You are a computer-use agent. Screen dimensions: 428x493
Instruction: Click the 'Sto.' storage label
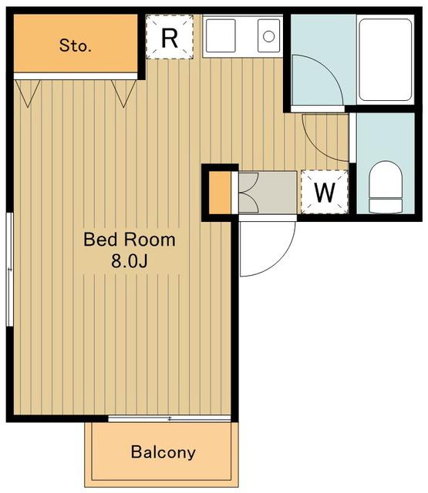(x=76, y=45)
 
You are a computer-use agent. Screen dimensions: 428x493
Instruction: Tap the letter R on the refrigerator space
(x=170, y=38)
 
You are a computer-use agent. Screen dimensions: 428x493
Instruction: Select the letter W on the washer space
(x=325, y=193)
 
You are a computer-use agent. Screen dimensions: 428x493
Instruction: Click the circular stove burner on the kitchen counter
(x=268, y=36)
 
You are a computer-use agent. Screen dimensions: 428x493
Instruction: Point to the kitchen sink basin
(x=221, y=35)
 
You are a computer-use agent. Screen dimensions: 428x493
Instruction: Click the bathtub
(x=386, y=60)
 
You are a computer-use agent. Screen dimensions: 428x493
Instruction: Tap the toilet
(x=386, y=186)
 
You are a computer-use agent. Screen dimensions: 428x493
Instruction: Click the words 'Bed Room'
(x=130, y=240)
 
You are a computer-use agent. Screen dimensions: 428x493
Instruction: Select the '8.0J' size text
(x=130, y=260)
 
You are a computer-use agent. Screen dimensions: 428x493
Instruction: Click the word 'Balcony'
(x=163, y=452)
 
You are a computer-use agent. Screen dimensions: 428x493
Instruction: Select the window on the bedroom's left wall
(x=10, y=270)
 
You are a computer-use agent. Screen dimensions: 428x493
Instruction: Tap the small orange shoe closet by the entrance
(x=220, y=193)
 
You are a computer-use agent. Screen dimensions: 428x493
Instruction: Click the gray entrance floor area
(x=268, y=193)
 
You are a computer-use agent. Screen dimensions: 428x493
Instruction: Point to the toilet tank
(x=386, y=206)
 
